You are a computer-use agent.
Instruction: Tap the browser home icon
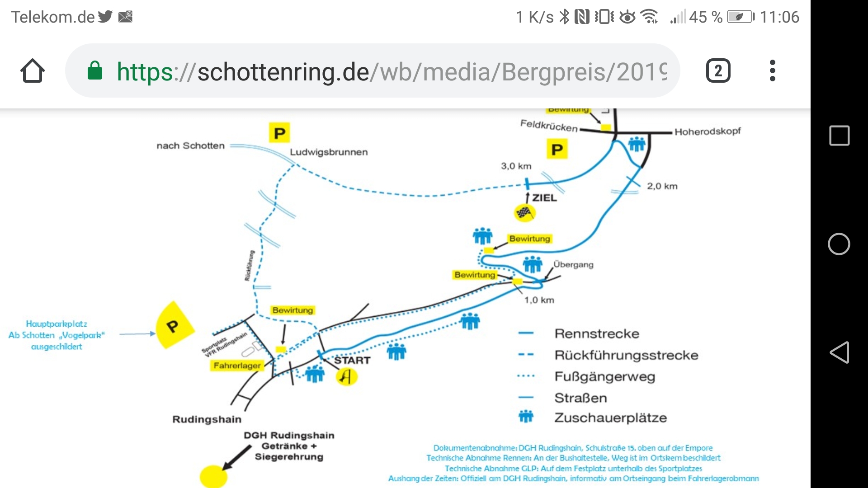[x=33, y=71]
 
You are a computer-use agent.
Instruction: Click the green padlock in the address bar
[x=95, y=71]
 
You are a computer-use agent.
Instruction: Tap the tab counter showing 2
[x=718, y=71]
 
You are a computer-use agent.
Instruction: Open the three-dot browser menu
[x=772, y=71]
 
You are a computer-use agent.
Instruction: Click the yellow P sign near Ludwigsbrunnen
[x=279, y=133]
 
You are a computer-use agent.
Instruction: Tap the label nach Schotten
[x=190, y=145]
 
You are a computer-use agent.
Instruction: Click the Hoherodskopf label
[x=708, y=131]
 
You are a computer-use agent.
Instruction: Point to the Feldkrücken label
[x=549, y=126]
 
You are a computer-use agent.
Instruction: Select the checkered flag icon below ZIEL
[x=524, y=212]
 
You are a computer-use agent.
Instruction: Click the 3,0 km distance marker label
[x=516, y=166]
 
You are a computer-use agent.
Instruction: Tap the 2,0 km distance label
[x=662, y=186]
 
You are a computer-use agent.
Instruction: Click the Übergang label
[x=573, y=264]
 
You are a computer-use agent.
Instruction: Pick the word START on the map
[x=352, y=360]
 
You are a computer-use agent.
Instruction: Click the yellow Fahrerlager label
[x=237, y=365]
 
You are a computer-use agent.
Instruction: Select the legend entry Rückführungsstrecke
[x=626, y=355]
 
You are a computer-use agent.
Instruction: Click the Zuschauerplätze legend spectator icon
[x=526, y=416]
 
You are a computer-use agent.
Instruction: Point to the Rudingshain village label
[x=207, y=419]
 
